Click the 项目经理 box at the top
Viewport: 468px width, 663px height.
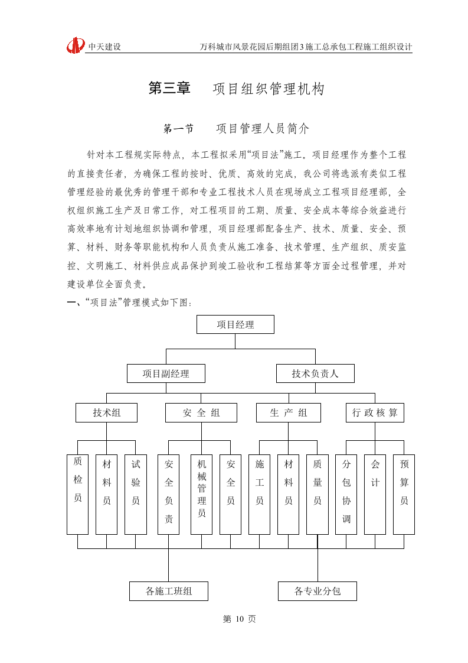235,324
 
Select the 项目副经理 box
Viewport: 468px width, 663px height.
166,373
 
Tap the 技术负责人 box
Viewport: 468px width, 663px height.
315,373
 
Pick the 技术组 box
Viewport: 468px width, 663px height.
106,412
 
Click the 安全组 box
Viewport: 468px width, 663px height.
201,412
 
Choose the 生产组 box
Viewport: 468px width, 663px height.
288,412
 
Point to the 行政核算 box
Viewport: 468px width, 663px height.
375,412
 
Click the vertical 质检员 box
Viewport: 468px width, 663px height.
77,494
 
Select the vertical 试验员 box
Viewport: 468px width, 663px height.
135,494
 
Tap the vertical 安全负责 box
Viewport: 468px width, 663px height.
168,494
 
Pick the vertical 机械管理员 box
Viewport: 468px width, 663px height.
201,494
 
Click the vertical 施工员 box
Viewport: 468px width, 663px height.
259,494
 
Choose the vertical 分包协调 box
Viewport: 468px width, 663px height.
346,494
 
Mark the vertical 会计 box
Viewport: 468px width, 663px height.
375,494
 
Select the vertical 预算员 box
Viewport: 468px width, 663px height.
404,494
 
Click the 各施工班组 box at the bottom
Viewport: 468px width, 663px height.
168,591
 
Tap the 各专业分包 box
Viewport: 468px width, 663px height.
317,591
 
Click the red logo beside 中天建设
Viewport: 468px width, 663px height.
76,45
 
